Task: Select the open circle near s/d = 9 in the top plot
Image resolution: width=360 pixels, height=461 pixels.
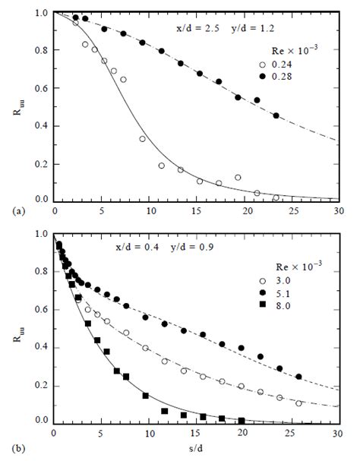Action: tap(142, 139)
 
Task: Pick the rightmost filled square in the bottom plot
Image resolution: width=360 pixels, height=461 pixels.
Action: tap(242, 420)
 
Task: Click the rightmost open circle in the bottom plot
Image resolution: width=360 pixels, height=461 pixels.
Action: tap(298, 403)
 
